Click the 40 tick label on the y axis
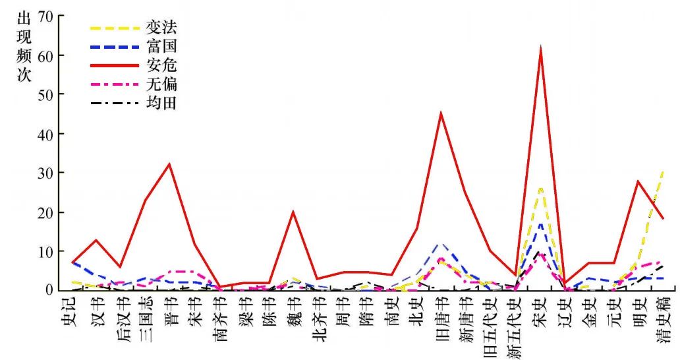pos(47,134)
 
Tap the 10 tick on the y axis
pos(47,251)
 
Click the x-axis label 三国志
pos(145,316)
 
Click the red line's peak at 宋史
pos(540,49)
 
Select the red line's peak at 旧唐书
pos(441,113)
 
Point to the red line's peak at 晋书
pos(169,164)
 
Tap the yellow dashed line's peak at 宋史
pos(540,188)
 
